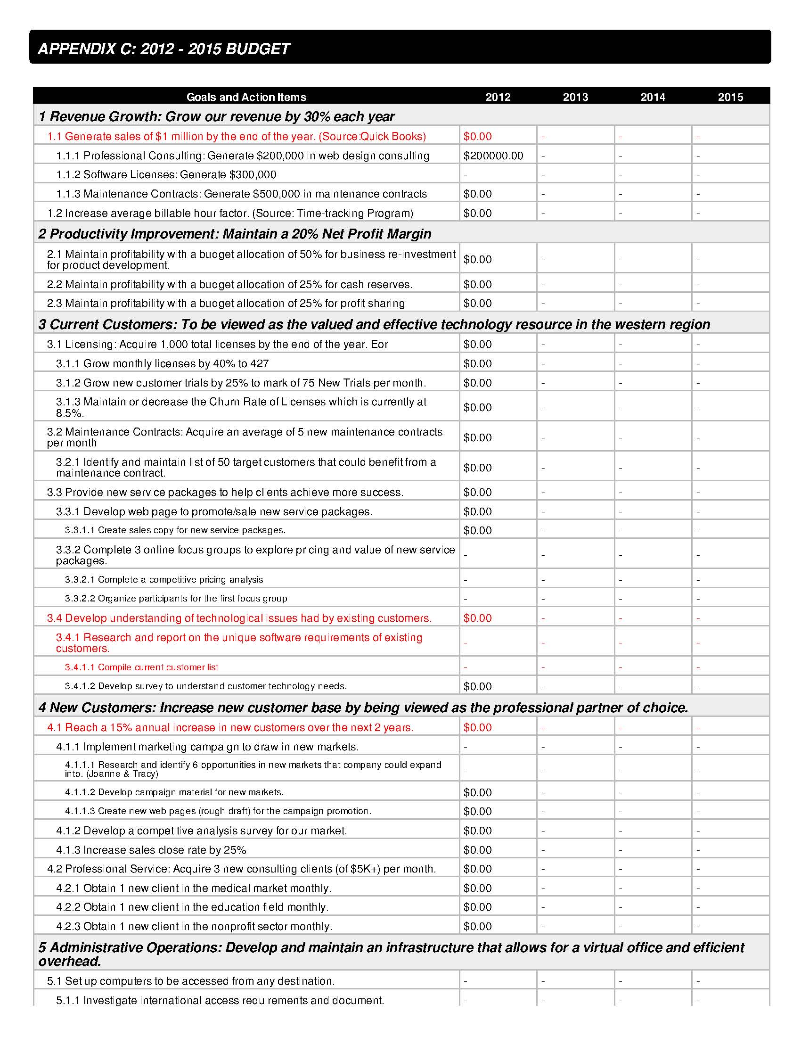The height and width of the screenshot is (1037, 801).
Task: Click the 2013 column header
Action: point(575,98)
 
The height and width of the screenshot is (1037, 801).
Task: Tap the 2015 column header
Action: point(730,98)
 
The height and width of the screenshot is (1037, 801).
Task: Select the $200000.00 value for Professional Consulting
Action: point(493,156)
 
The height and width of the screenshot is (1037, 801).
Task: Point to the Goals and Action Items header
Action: point(246,98)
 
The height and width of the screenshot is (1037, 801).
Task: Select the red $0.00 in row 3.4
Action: point(477,618)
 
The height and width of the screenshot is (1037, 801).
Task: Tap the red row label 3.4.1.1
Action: point(141,667)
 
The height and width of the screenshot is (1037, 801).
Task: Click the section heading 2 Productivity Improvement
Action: point(235,234)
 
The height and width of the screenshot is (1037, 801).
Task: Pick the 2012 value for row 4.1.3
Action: point(477,850)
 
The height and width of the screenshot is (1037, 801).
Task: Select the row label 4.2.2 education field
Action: point(192,907)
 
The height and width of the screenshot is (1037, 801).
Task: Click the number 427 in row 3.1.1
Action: point(260,364)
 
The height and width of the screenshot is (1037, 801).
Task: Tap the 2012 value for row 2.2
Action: point(477,284)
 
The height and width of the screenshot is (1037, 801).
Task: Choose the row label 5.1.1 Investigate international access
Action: point(220,1000)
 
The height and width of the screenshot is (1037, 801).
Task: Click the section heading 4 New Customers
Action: point(363,708)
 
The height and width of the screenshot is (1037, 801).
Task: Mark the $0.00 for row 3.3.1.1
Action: point(477,530)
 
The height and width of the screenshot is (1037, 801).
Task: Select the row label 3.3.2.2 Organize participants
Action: point(176,599)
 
